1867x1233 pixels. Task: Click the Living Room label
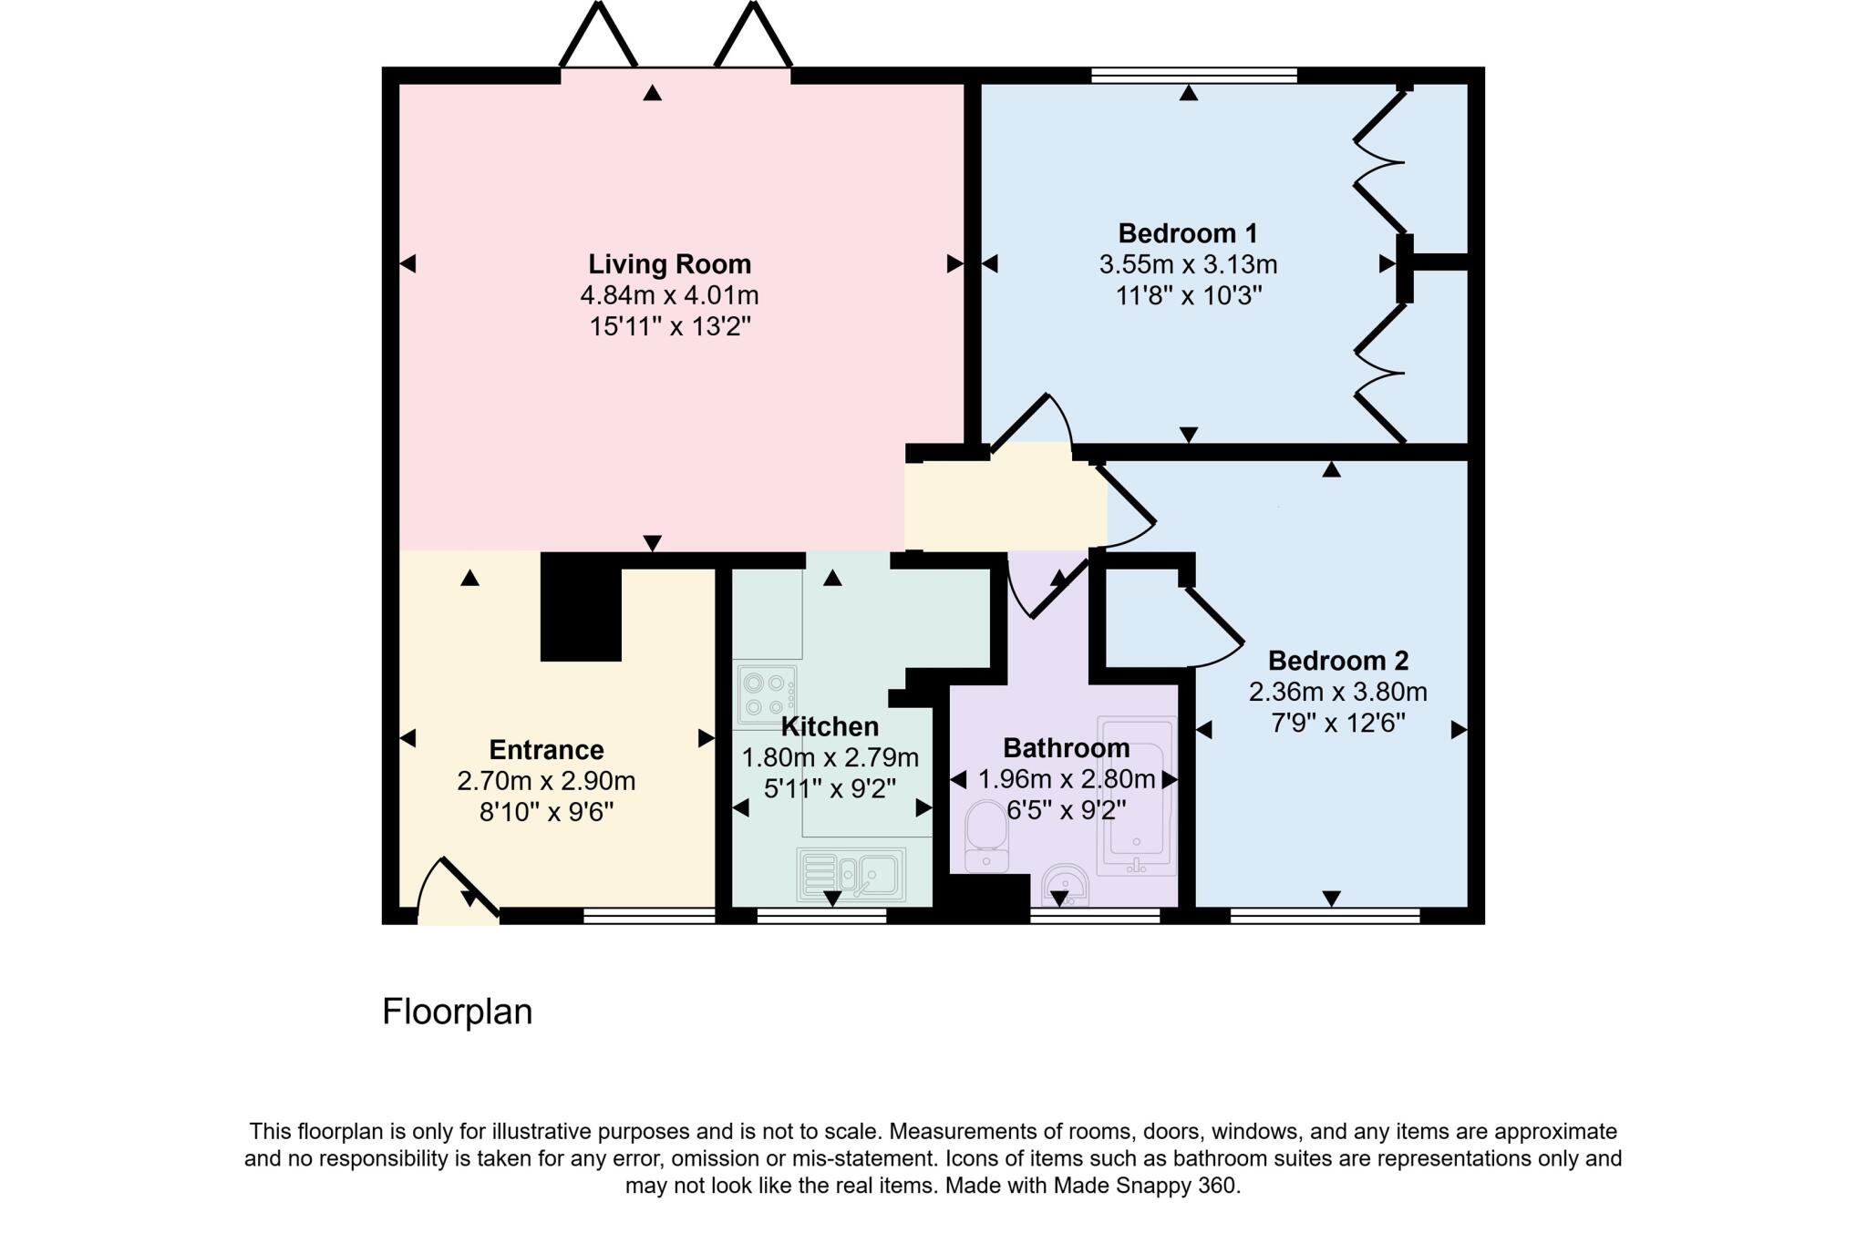669,264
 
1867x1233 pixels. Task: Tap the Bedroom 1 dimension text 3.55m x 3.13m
1188,265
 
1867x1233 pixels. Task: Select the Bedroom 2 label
1337,661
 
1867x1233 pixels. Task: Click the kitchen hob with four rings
767,694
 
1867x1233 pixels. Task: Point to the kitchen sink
851,874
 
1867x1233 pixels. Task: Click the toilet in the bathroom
985,835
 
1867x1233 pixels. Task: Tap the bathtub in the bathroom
1136,795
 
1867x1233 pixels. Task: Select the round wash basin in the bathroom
1065,883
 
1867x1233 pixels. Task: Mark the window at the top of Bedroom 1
1193,76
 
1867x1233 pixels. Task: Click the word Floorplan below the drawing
457,1012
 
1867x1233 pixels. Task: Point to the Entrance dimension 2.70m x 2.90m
546,782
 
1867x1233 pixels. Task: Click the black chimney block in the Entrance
581,607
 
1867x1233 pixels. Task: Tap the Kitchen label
830,727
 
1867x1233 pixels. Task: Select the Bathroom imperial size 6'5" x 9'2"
1066,809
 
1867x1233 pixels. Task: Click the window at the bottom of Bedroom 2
1324,915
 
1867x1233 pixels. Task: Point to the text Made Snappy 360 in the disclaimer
1145,1186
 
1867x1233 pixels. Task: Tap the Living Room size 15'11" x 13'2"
669,326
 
